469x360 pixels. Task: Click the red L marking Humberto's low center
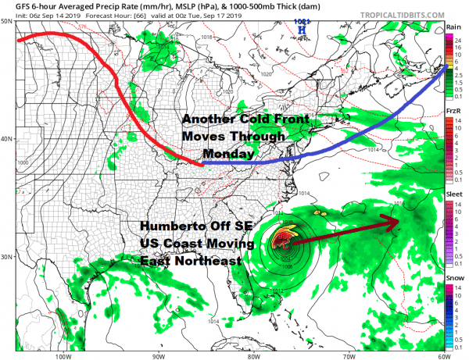[283, 243]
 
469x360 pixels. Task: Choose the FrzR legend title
[453, 112]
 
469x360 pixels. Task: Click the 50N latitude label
[6, 20]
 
